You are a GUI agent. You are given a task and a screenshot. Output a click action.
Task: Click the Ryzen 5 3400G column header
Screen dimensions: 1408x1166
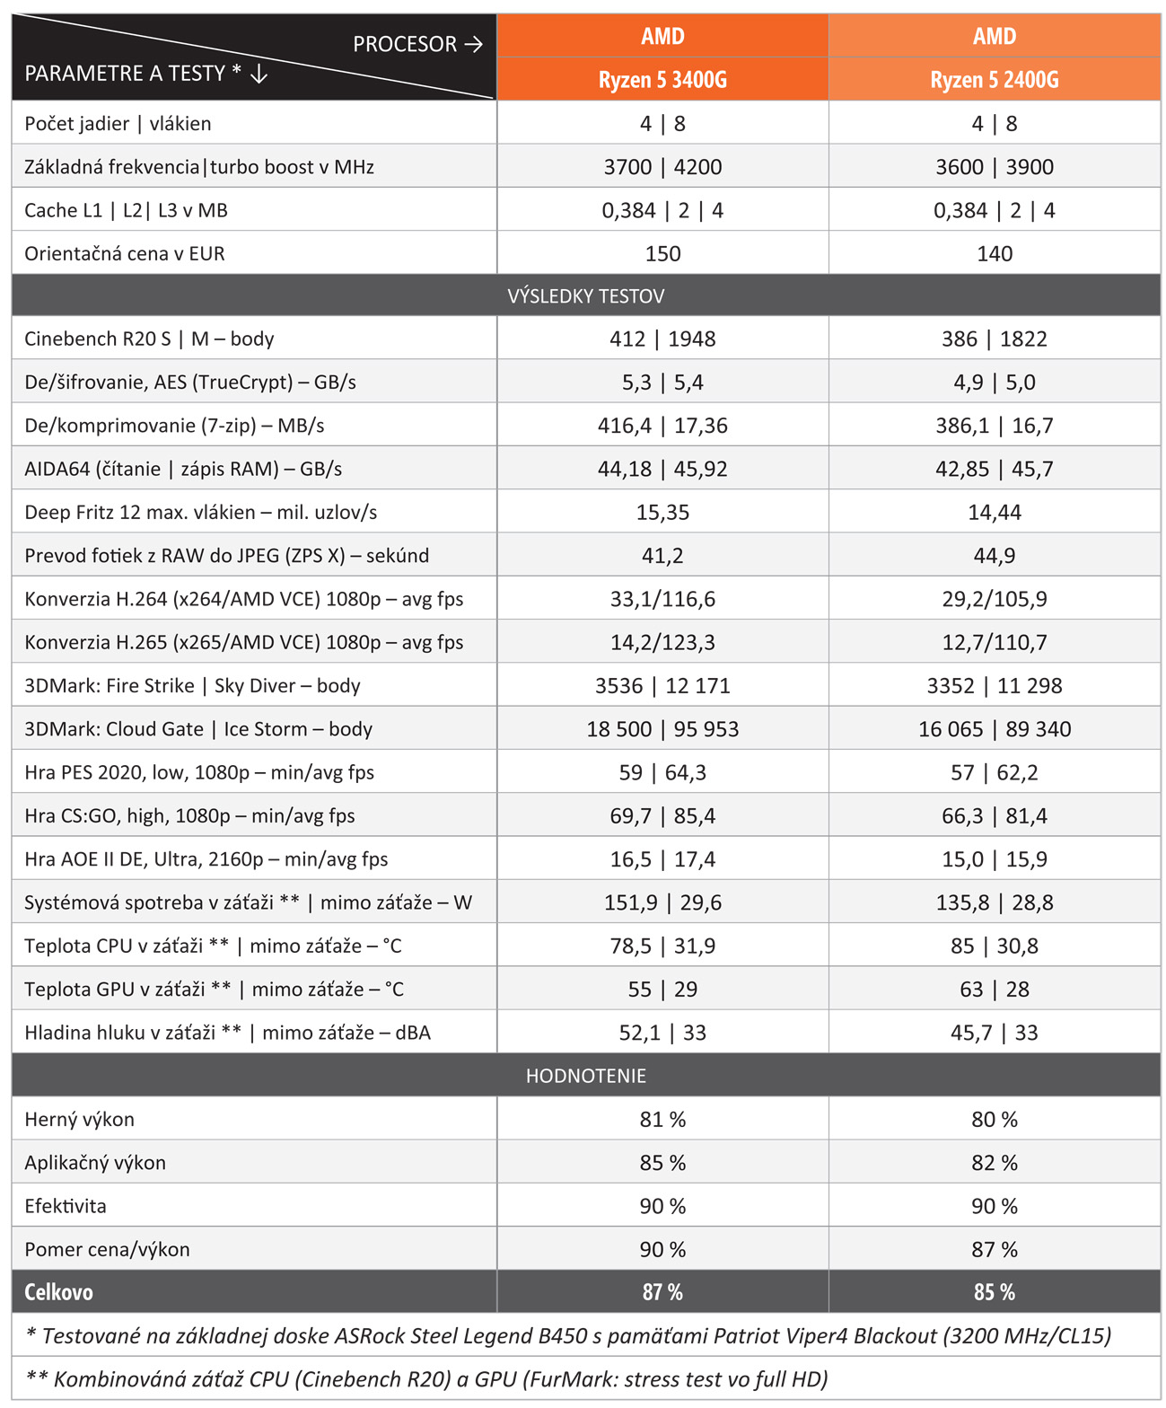(662, 79)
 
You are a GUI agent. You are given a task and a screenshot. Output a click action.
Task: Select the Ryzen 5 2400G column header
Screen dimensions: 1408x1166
(994, 79)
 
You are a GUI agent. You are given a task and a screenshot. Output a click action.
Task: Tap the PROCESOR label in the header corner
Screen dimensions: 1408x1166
(405, 44)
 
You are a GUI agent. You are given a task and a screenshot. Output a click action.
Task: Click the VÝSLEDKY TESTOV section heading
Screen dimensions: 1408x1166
(585, 296)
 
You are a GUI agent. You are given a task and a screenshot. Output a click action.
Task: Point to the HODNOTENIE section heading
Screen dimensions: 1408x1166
(585, 1076)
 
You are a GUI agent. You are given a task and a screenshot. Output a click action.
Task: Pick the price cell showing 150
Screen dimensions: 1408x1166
(662, 253)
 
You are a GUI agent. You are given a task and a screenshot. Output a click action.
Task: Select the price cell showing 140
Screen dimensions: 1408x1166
(994, 253)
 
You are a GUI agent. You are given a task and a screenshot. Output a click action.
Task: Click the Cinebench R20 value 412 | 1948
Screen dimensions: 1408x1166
(662, 339)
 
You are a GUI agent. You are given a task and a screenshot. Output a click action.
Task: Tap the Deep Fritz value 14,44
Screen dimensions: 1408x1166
(994, 512)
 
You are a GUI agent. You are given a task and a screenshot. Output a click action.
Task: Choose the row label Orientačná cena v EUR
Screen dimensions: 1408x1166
(125, 253)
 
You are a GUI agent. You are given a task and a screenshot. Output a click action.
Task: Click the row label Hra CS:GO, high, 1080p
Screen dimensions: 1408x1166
(189, 815)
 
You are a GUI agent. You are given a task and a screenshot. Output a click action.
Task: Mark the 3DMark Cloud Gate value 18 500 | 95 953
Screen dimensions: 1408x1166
(662, 729)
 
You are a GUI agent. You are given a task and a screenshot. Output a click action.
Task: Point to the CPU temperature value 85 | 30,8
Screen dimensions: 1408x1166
(994, 946)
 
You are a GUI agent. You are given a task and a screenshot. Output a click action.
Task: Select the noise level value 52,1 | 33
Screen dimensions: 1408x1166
(662, 1033)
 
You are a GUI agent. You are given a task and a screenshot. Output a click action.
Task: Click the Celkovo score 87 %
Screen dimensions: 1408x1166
(662, 1292)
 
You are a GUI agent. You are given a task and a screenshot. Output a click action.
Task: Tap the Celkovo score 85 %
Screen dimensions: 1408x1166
(994, 1292)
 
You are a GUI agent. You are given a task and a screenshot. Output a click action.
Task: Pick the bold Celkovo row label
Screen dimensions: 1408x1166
(58, 1292)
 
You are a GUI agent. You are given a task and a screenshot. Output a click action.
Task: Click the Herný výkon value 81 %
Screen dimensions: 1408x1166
(662, 1119)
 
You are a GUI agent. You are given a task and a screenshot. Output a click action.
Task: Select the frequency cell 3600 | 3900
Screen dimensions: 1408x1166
(994, 167)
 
